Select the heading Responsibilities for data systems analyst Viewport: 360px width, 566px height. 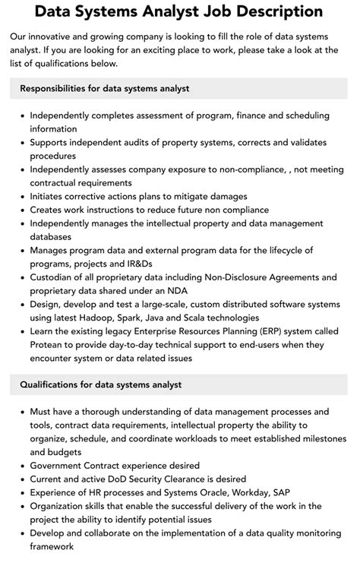[105, 89]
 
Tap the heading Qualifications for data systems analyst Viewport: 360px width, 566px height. [101, 385]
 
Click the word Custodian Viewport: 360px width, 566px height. [55, 277]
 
